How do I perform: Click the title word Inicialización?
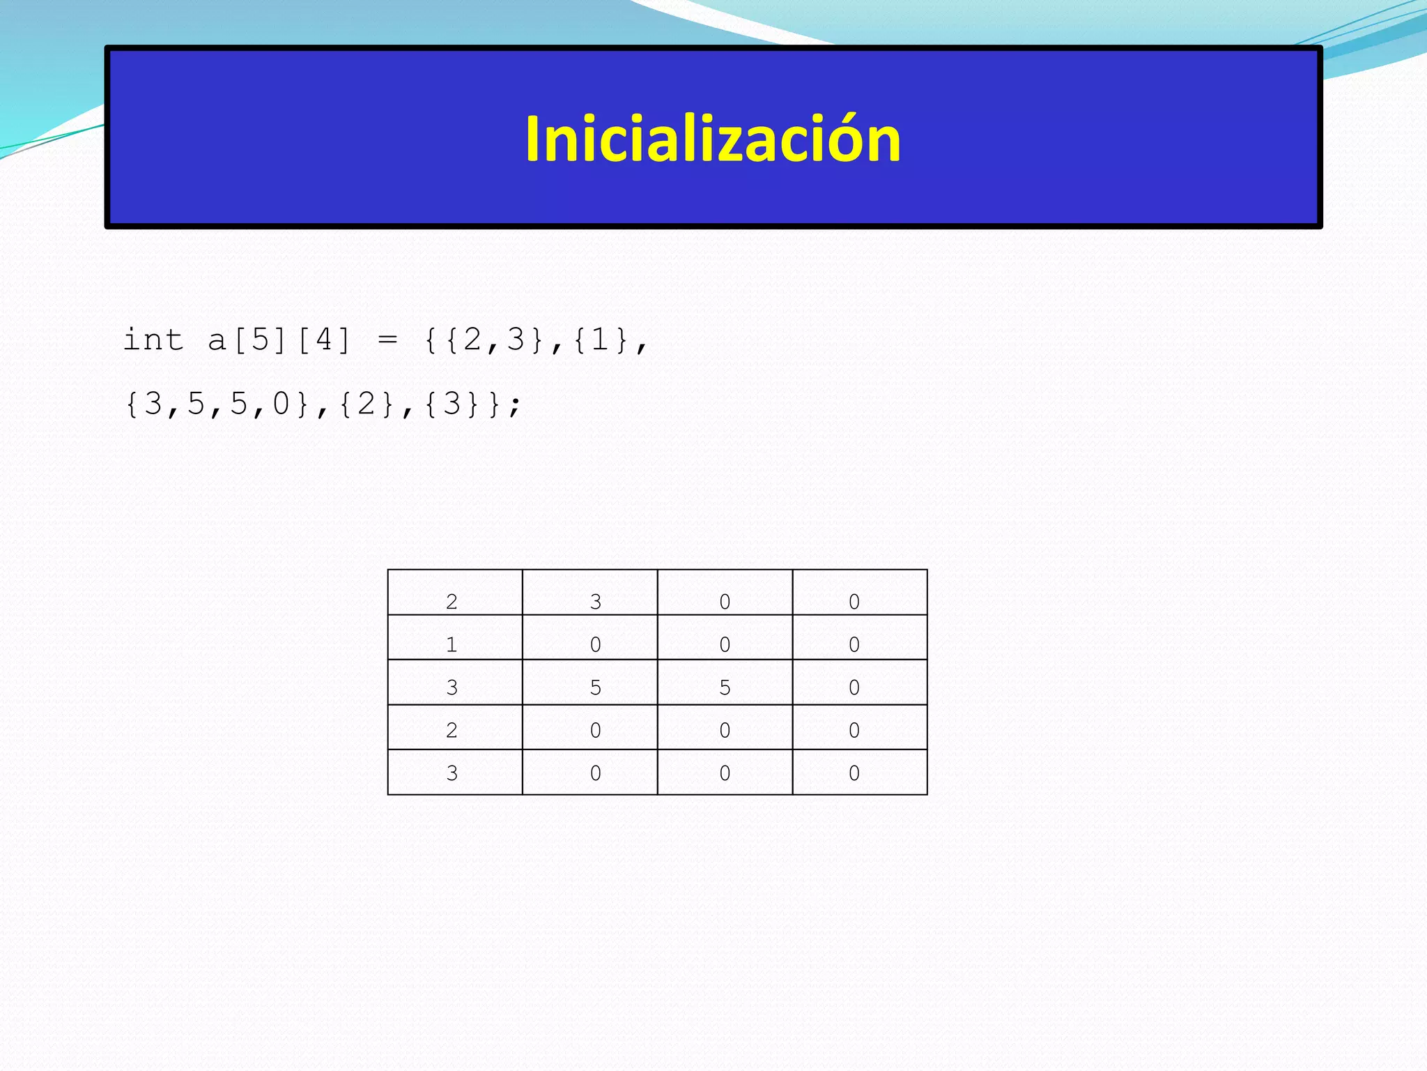pyautogui.click(x=713, y=139)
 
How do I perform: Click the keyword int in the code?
pyautogui.click(x=153, y=340)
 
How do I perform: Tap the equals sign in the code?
pyautogui.click(x=387, y=340)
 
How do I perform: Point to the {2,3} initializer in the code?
pyautogui.click(x=495, y=340)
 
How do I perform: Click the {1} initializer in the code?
pyautogui.click(x=601, y=340)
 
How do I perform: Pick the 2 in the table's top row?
pyautogui.click(x=452, y=601)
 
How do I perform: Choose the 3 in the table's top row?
pyautogui.click(x=595, y=601)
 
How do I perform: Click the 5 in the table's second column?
pyautogui.click(x=595, y=688)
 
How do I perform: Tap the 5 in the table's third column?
pyautogui.click(x=725, y=688)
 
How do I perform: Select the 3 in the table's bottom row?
pyautogui.click(x=452, y=773)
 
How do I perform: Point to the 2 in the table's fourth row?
pyautogui.click(x=452, y=730)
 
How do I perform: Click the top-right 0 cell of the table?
pyautogui.click(x=854, y=601)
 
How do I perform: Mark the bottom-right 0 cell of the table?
pyautogui.click(x=854, y=773)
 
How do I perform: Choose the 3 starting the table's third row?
pyautogui.click(x=452, y=688)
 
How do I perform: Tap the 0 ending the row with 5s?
pyautogui.click(x=854, y=688)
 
